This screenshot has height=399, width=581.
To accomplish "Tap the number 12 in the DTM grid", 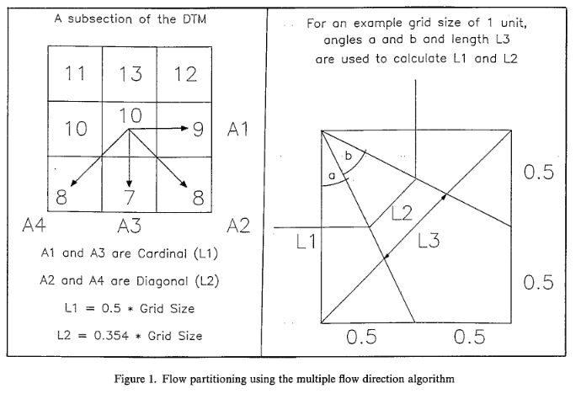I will click(184, 73).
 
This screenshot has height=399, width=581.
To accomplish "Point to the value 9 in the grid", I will click(198, 130).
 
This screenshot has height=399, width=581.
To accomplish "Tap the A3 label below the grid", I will click(130, 225).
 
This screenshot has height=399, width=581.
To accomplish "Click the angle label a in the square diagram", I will click(332, 175).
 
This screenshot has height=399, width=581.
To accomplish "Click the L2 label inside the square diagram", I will click(404, 213).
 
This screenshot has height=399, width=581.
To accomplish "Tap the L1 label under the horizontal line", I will click(306, 242).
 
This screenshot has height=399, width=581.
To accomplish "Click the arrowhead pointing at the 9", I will click(183, 128).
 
